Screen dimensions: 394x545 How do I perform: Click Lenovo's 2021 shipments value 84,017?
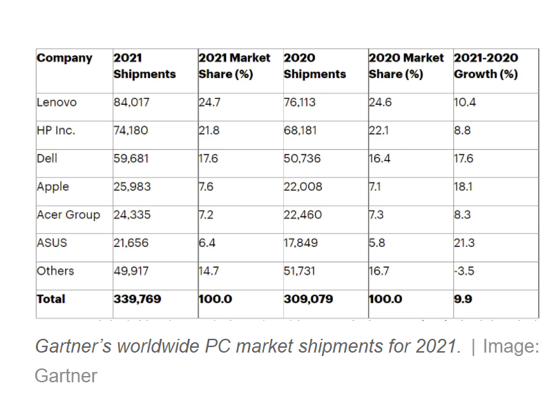point(131,102)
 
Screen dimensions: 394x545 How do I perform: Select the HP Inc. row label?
point(56,130)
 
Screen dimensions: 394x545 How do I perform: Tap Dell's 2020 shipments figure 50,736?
point(303,158)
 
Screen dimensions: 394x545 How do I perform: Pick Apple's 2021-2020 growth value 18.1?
point(464,186)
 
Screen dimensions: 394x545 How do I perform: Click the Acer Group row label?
point(69,215)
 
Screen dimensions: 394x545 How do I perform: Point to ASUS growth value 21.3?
point(465,243)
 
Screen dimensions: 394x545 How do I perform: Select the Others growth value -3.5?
point(464,271)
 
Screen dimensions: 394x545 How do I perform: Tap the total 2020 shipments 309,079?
point(308,299)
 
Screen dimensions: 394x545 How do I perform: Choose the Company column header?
point(64,58)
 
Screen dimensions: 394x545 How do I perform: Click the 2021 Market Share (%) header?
point(234,66)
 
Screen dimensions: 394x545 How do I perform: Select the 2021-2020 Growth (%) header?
point(486,66)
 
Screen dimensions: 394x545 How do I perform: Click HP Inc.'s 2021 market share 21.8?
point(208,130)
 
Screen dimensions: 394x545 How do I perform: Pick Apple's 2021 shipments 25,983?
point(131,186)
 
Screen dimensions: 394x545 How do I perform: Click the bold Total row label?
point(51,299)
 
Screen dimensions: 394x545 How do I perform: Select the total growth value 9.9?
point(462,299)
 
